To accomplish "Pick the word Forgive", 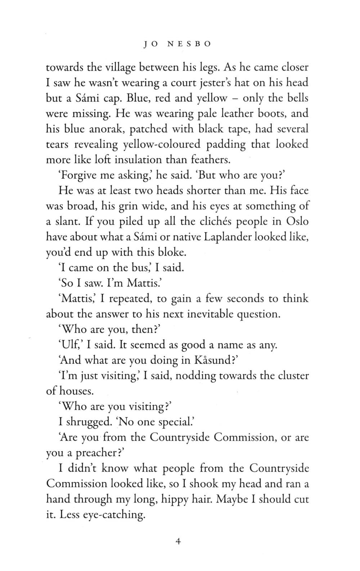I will pyautogui.click(x=76, y=175).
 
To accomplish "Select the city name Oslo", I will pyautogui.click(x=297, y=221).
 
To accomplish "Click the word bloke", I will pyautogui.click(x=170, y=252).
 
